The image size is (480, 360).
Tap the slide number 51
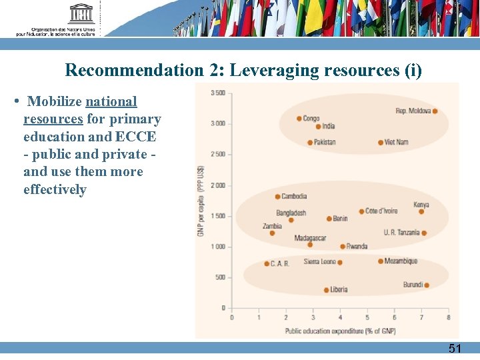[x=454, y=348]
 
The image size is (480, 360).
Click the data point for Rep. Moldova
[x=435, y=111]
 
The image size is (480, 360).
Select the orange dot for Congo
[x=299, y=119]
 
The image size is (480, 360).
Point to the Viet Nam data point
[x=381, y=143]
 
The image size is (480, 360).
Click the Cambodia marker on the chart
[x=277, y=197]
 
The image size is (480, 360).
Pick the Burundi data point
[x=427, y=285]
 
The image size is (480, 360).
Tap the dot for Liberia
[x=326, y=290]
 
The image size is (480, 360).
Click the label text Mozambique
[x=401, y=261]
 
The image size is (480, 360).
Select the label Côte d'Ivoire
[x=381, y=211]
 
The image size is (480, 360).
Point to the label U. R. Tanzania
[x=401, y=233]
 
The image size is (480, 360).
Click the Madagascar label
[x=310, y=238]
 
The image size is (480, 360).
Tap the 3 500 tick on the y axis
[x=217, y=93]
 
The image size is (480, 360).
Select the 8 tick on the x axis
[x=448, y=317]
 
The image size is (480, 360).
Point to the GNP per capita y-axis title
[x=200, y=201]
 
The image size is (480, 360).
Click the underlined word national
[x=111, y=102]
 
